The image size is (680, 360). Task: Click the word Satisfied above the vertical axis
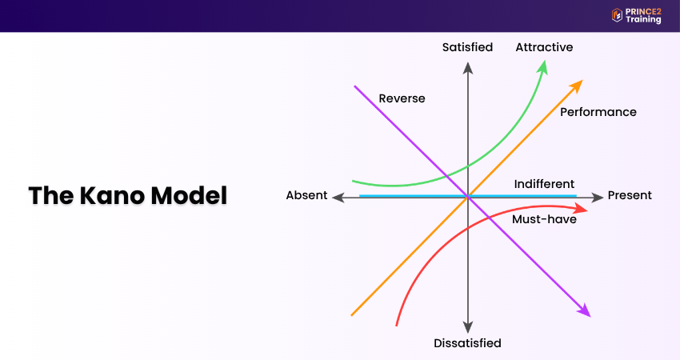click(x=467, y=47)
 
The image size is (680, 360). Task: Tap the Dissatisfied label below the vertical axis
click(x=467, y=343)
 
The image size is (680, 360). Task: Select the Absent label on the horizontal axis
click(x=306, y=195)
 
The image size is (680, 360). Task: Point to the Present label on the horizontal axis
click(x=630, y=195)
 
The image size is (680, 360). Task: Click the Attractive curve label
click(x=544, y=47)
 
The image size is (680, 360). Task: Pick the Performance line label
click(x=598, y=112)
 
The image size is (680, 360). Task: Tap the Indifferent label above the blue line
click(x=544, y=184)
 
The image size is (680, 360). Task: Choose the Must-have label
click(x=544, y=219)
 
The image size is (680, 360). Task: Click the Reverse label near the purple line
click(x=402, y=98)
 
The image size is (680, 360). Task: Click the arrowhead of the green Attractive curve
click(x=543, y=65)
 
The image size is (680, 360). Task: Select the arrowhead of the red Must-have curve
click(x=582, y=210)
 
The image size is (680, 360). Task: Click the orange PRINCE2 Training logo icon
click(x=617, y=15)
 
